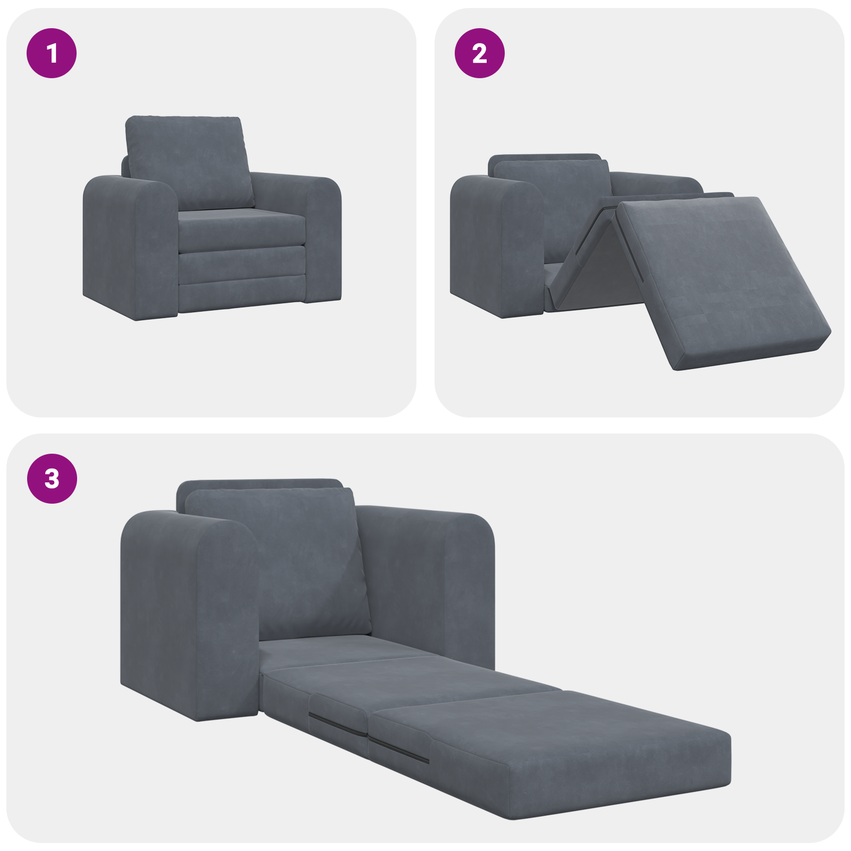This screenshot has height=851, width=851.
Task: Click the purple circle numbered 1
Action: (52, 53)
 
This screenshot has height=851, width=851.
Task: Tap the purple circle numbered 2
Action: (479, 53)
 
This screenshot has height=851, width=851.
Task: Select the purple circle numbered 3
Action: (52, 478)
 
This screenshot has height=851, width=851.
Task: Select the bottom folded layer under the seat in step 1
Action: (242, 295)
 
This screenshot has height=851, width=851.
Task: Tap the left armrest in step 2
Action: (495, 245)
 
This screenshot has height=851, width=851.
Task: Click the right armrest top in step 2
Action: (654, 181)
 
